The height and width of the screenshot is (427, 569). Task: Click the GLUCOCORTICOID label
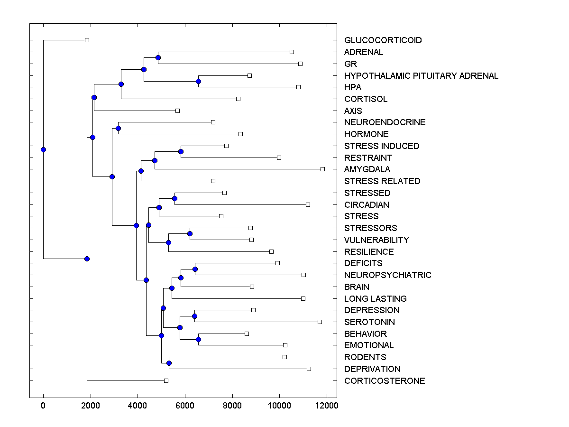tap(383, 40)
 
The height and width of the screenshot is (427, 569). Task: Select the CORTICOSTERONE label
tap(385, 381)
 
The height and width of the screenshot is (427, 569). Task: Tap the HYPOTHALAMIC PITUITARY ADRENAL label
tap(421, 75)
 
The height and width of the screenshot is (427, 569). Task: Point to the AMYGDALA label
tap(367, 169)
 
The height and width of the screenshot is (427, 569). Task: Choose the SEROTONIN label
tap(369, 322)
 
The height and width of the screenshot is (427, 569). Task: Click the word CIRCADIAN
tap(367, 205)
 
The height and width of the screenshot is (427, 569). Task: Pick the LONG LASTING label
tap(375, 299)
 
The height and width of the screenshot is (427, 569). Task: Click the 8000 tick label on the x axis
tap(232, 406)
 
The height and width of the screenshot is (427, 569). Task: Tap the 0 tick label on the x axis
tap(43, 406)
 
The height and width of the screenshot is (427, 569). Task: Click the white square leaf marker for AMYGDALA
tap(322, 169)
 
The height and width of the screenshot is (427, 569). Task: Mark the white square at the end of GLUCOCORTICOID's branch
tap(87, 40)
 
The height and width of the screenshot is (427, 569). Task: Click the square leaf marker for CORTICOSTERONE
tap(166, 381)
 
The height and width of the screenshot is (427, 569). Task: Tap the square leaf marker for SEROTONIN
tap(320, 322)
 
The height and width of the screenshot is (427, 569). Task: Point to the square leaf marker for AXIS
tap(177, 111)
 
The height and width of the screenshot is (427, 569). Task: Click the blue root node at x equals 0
tap(43, 149)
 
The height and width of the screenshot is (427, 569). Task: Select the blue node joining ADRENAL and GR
tap(158, 57)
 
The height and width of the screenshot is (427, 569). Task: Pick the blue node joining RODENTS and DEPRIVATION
tap(169, 363)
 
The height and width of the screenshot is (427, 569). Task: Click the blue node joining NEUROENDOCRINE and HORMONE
tap(118, 128)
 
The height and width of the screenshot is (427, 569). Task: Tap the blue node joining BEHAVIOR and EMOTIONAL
tap(198, 339)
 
